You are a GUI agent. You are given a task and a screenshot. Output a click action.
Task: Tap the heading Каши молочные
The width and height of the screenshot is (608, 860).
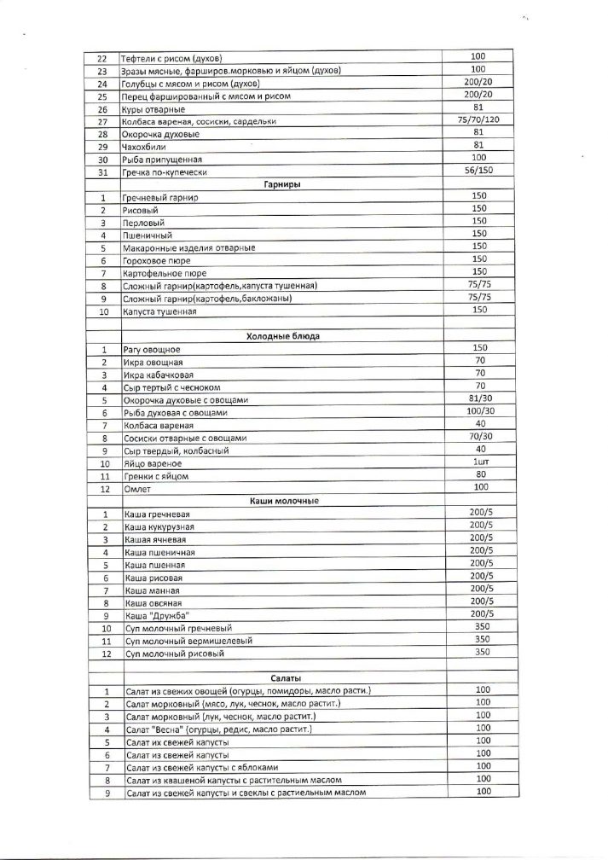(285, 501)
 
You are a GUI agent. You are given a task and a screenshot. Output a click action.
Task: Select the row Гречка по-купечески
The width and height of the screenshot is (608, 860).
(165, 172)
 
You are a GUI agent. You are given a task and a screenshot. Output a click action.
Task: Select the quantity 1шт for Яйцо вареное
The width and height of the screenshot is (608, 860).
(480, 462)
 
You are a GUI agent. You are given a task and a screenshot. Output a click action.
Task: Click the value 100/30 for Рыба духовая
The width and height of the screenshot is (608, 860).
(480, 411)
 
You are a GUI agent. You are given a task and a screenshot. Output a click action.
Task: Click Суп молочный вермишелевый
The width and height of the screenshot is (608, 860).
(179, 641)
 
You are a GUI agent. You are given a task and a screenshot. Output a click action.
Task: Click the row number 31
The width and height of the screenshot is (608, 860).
(102, 172)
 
